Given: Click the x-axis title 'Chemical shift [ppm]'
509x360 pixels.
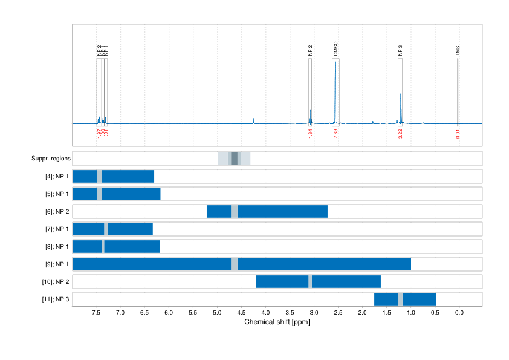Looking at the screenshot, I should [x=277, y=322].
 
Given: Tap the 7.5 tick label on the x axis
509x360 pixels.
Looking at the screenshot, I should [x=96, y=312].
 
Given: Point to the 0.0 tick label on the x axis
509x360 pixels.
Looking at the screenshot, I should [x=459, y=312].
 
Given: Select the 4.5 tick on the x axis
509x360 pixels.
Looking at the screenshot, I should [x=241, y=312].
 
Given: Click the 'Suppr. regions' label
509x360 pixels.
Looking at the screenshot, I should [x=51, y=159].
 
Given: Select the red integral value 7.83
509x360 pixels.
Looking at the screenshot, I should [x=336, y=134].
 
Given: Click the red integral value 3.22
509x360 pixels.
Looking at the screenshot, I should [x=400, y=134].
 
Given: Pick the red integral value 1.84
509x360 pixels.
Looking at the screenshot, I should [x=310, y=134].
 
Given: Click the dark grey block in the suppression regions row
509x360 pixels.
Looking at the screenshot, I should [x=235, y=159].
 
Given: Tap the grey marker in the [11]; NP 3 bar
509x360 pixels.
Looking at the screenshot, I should [x=400, y=299].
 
